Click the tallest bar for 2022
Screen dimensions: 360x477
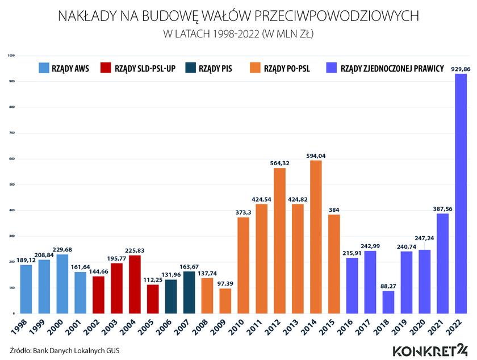click(x=461, y=193)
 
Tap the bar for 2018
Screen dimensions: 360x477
click(x=388, y=302)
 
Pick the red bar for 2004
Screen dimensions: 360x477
click(x=135, y=284)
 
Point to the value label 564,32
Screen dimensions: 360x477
click(x=279, y=164)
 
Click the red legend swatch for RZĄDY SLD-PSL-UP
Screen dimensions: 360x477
click(x=104, y=68)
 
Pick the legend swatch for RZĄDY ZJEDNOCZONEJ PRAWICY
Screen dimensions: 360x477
click(x=331, y=68)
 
